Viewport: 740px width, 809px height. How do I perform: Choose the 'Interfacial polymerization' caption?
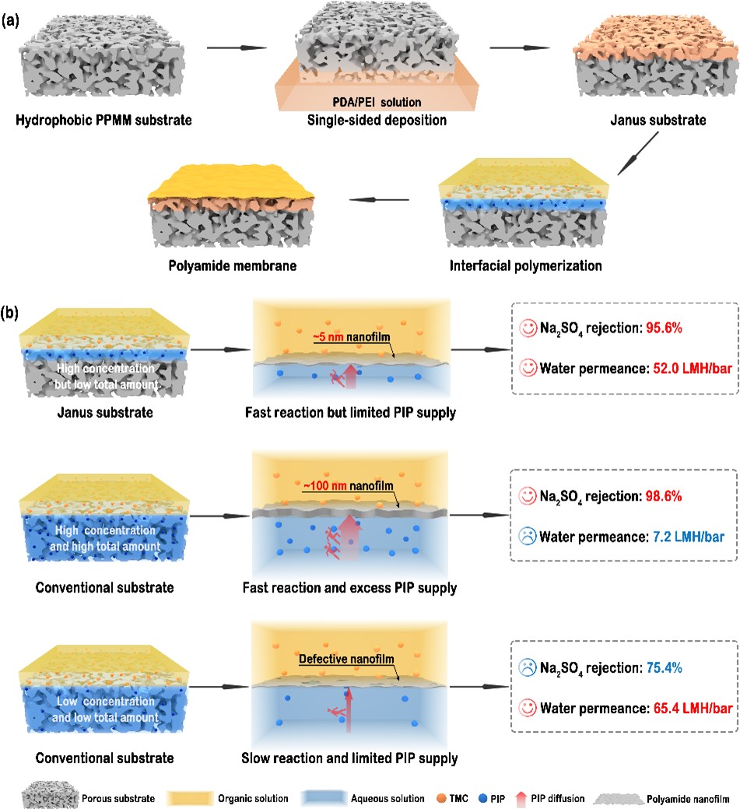tap(525, 266)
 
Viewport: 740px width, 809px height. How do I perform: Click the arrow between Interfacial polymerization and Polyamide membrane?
tap(379, 199)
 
